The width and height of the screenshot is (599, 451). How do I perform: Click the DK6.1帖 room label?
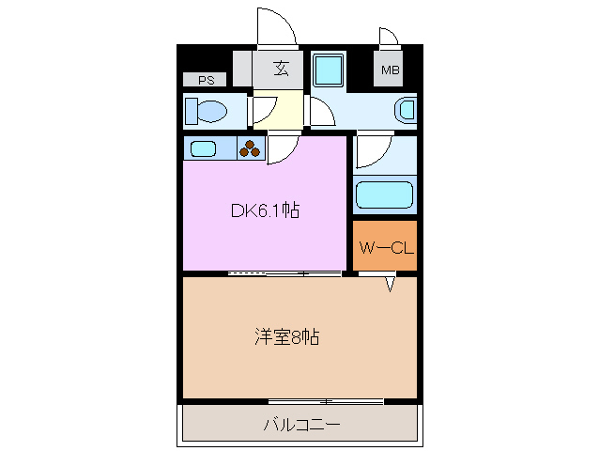[x=265, y=211]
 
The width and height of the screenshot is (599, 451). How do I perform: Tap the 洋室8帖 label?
[x=287, y=336]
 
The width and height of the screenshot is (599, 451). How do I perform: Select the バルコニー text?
[x=300, y=425]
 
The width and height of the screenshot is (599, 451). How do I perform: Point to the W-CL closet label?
[x=385, y=249]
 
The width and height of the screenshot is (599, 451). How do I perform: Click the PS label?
[x=206, y=80]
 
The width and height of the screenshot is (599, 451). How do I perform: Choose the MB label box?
[x=389, y=70]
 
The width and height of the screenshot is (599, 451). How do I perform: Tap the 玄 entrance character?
[x=281, y=68]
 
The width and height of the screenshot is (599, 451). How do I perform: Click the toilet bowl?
[x=207, y=111]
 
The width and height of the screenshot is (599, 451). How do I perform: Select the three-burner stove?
[x=252, y=148]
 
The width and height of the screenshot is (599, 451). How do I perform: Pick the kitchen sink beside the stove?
[x=204, y=148]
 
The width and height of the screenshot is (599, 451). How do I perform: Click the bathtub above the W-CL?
[x=385, y=195]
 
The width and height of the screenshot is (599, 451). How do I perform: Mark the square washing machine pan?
[x=329, y=70]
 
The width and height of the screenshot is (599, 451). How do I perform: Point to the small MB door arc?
[x=389, y=37]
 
